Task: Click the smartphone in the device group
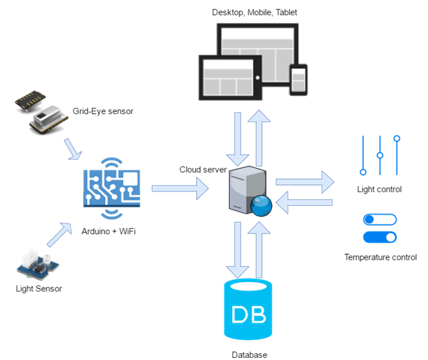tap(298, 79)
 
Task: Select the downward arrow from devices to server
tap(238, 135)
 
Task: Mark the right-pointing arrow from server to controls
tap(304, 182)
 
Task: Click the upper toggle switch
tap(380, 220)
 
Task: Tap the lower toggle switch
tap(380, 238)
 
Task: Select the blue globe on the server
tap(261, 206)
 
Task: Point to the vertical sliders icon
tap(380, 155)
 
